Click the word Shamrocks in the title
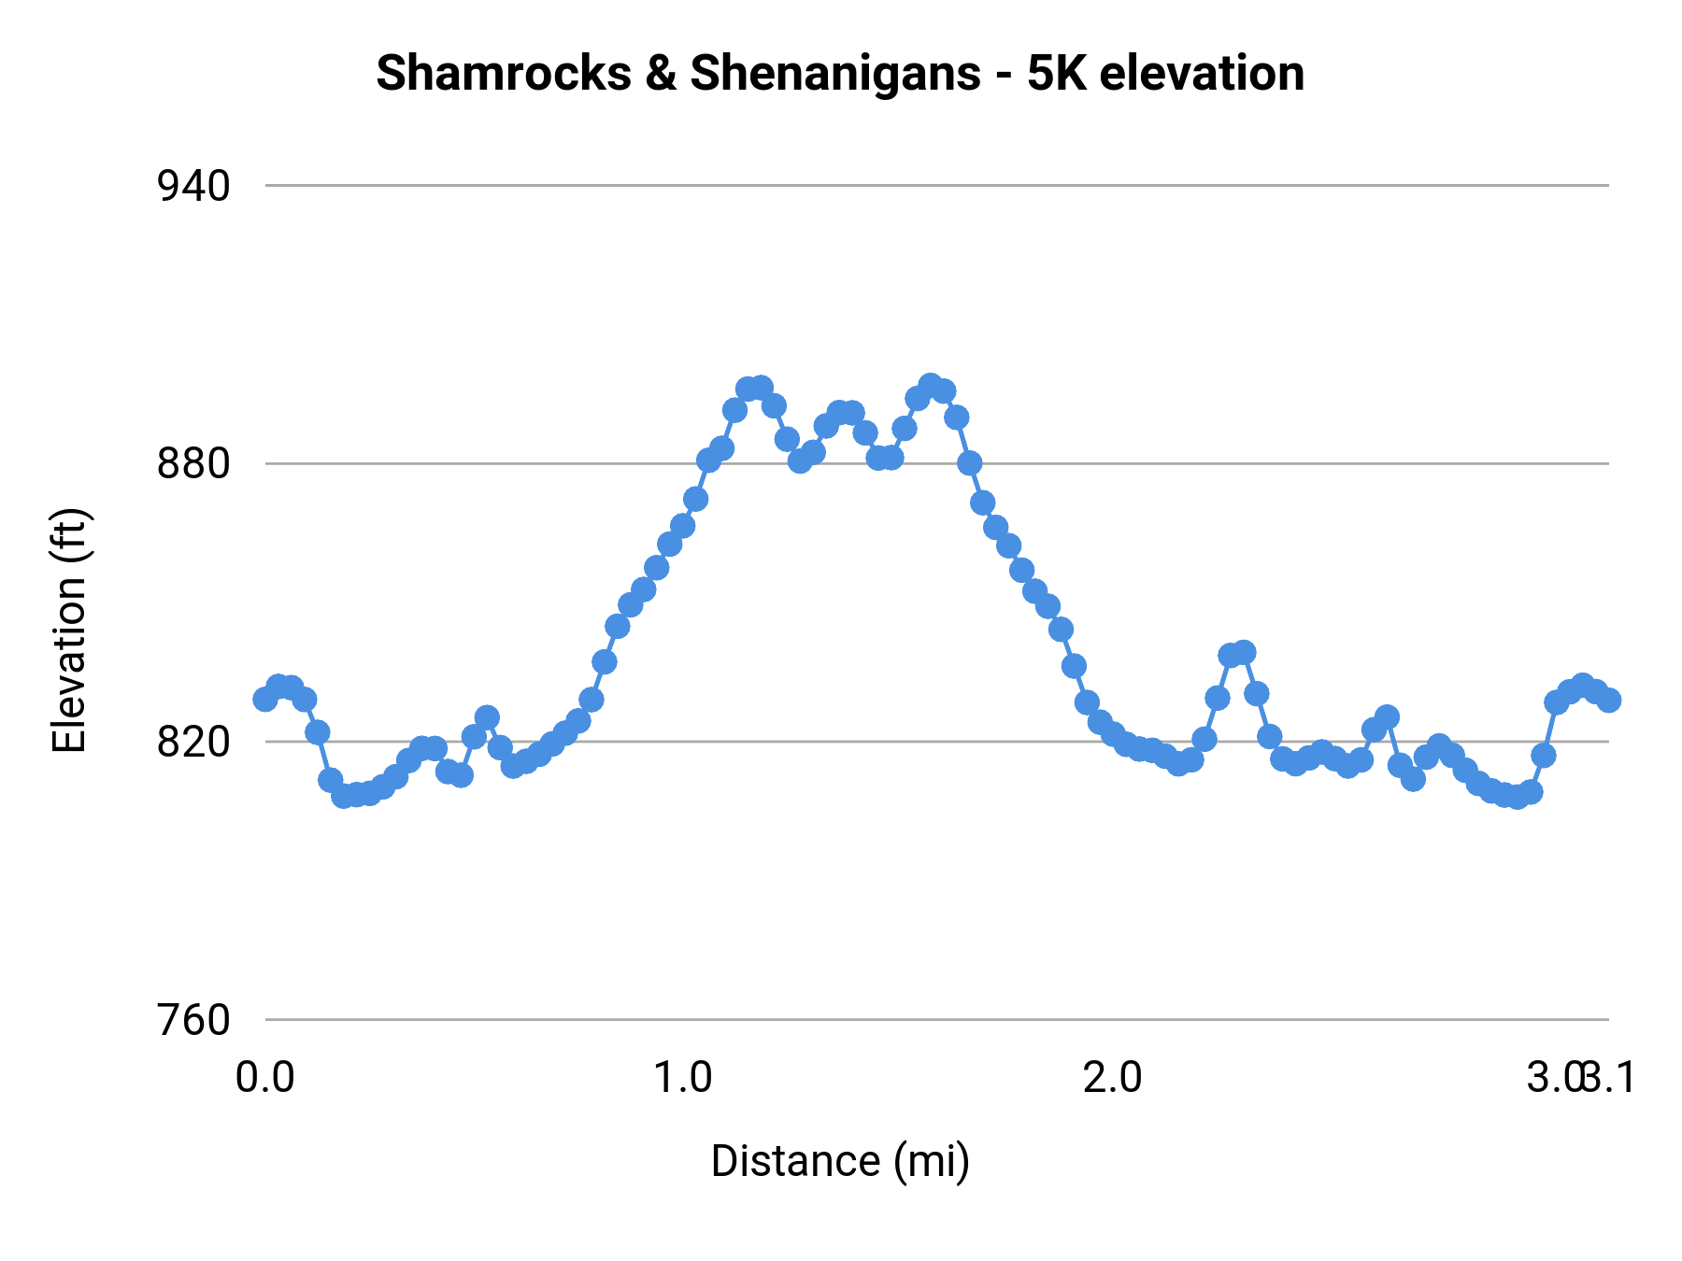(x=504, y=73)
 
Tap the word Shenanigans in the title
(x=835, y=73)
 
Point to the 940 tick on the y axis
(x=193, y=187)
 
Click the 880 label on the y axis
(x=193, y=464)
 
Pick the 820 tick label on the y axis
(x=193, y=743)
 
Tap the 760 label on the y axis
(x=193, y=1020)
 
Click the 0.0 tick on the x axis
(x=265, y=1078)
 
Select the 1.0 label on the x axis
(x=682, y=1078)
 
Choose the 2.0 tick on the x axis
(x=1113, y=1078)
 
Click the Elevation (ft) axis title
(x=69, y=630)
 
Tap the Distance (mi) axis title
(x=840, y=1161)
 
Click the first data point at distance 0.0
(x=265, y=699)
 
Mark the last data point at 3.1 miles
(x=1608, y=700)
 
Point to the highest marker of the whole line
(x=930, y=385)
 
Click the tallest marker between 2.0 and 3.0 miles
(x=1243, y=652)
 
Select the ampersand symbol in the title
(x=661, y=73)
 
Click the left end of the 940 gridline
(x=268, y=186)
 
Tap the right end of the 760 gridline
(x=1606, y=1019)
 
